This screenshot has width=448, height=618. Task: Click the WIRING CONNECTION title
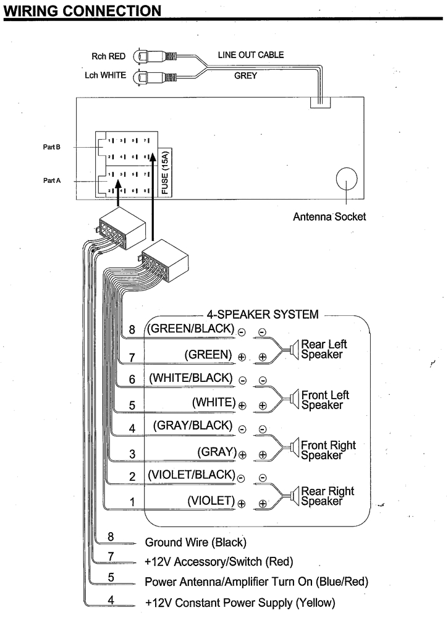coord(82,11)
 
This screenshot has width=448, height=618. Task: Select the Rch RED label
coord(108,56)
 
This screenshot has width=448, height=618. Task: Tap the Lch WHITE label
coord(105,75)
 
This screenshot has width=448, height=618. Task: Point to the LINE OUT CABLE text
coord(250,55)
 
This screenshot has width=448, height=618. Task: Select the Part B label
coord(51,147)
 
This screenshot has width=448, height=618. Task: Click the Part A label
coord(51,181)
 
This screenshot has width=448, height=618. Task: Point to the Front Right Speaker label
coord(328,450)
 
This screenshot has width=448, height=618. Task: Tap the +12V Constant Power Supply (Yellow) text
coord(240,602)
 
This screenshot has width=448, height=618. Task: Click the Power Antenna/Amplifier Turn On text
coord(256,582)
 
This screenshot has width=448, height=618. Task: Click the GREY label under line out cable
coord(245,76)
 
